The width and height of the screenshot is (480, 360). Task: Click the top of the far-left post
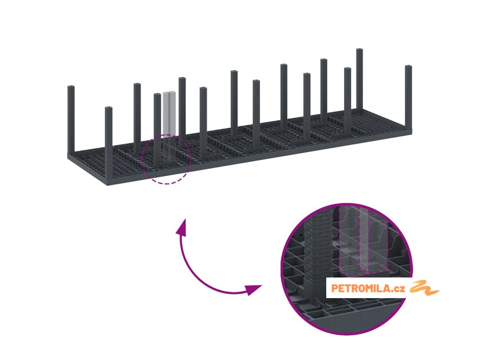pos(71,88)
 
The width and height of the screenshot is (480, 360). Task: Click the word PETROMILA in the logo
pos(361,289)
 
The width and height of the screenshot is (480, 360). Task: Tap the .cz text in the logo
pos(399,289)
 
